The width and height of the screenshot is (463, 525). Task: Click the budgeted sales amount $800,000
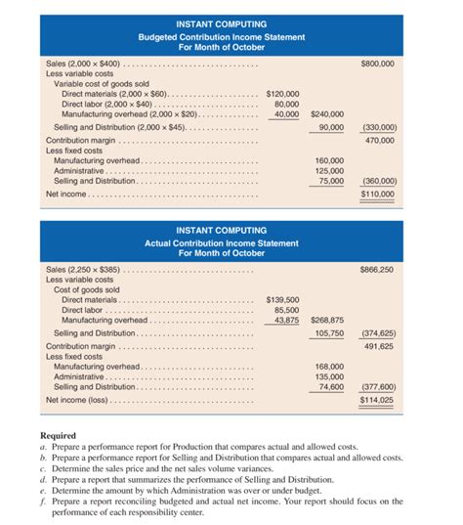377,64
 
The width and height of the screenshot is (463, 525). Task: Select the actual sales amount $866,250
377,268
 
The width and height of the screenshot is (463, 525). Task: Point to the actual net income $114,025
377,400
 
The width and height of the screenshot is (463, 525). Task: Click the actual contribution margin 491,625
379,345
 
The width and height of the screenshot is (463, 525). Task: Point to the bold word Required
60,436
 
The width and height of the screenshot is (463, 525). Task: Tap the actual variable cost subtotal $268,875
325,320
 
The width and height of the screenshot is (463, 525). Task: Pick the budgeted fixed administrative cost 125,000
328,170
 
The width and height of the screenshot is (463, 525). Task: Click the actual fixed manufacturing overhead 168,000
328,366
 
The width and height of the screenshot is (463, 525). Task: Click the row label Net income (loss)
81,400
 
